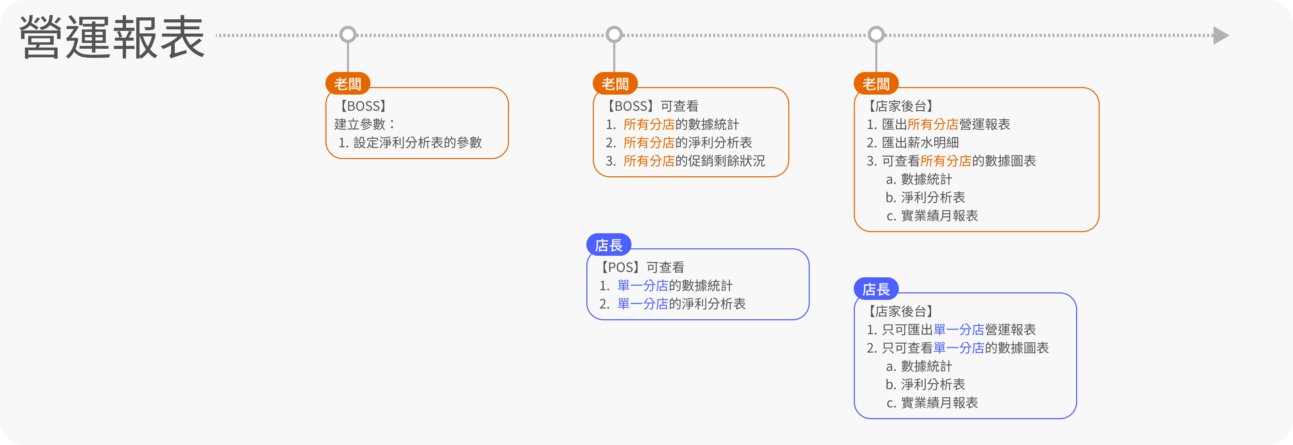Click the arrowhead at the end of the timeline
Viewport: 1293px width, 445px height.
(x=1221, y=35)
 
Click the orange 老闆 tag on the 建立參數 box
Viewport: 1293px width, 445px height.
(x=348, y=83)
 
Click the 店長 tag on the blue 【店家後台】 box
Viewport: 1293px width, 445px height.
(x=876, y=289)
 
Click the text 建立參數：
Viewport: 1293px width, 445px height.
(x=365, y=124)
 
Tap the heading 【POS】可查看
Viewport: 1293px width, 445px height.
(x=641, y=267)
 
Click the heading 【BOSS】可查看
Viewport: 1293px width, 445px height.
(x=652, y=106)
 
